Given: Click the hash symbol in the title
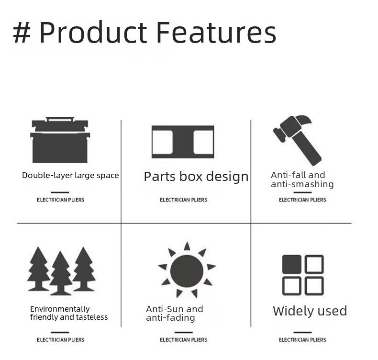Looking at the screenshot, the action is [22, 32].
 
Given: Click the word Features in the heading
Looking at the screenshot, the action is [216, 32].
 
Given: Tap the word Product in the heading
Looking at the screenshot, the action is [93, 32].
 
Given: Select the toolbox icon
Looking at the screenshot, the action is [60, 140].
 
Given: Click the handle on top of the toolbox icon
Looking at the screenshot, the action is [60, 119].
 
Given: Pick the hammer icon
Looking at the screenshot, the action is [297, 140].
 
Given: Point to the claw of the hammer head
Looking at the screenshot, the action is [305, 119].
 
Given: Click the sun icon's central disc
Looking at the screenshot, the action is [187, 271].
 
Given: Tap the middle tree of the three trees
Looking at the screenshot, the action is [61, 273].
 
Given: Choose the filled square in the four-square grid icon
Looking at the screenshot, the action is [292, 264].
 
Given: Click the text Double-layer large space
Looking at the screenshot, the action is [70, 175].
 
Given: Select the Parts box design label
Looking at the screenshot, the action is [196, 177].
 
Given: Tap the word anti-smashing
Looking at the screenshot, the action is [302, 184].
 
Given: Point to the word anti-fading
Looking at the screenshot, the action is [170, 318].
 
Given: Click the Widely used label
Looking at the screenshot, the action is [310, 311].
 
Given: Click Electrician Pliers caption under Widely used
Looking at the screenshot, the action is [302, 340].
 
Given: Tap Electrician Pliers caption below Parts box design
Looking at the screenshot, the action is [184, 200].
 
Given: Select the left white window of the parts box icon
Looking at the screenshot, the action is [163, 142].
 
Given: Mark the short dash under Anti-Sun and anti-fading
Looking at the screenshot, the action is [184, 332].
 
